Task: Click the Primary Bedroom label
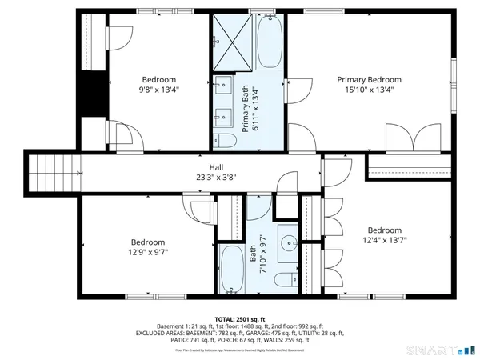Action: (369, 79)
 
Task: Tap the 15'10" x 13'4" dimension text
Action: (369, 90)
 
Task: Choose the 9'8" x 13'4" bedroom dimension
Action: (160, 90)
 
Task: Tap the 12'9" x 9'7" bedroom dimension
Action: (148, 253)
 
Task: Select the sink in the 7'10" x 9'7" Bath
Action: (287, 240)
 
